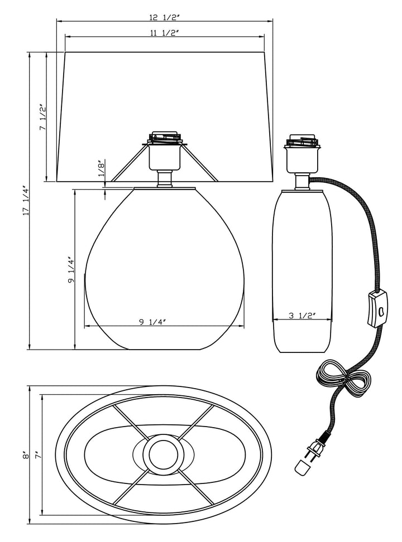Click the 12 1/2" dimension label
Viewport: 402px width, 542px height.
(165, 17)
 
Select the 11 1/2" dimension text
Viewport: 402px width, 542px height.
(165, 33)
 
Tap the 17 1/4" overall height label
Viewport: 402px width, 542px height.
(26, 201)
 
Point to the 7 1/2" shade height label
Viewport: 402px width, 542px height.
(42, 117)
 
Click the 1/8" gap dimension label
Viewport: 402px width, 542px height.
(100, 169)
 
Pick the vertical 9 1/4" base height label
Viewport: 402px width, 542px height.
(71, 270)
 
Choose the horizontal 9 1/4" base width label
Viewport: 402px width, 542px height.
(152, 322)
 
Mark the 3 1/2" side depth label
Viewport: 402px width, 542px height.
(303, 315)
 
